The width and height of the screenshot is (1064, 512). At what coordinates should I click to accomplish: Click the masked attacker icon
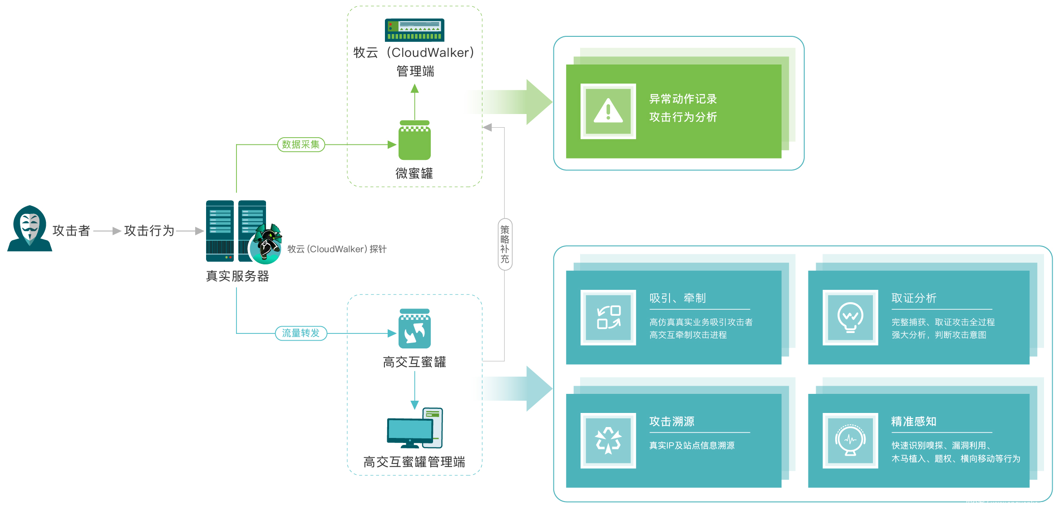pyautogui.click(x=30, y=229)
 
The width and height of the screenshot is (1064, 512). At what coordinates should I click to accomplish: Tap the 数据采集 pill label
pyautogui.click(x=301, y=144)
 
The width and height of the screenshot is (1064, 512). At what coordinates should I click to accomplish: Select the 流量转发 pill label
pyautogui.click(x=301, y=333)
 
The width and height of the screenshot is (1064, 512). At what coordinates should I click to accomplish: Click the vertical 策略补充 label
pyautogui.click(x=505, y=244)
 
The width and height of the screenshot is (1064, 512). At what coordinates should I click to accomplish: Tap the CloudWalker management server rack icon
pyautogui.click(x=414, y=30)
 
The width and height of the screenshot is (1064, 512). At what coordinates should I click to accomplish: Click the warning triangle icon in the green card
pyautogui.click(x=608, y=111)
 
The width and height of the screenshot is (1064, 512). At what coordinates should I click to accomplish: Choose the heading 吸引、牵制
pyautogui.click(x=677, y=298)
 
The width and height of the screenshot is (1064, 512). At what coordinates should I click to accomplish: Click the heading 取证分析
pyautogui.click(x=913, y=298)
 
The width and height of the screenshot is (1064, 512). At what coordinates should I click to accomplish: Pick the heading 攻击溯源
pyautogui.click(x=671, y=421)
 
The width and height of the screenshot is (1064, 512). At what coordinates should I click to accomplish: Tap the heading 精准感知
pyautogui.click(x=913, y=421)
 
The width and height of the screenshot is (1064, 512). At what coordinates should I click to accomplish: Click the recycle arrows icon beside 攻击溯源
pyautogui.click(x=608, y=440)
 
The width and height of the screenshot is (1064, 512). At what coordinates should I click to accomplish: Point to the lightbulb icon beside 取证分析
pyautogui.click(x=850, y=317)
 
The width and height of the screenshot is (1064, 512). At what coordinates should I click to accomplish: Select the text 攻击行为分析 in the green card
pyautogui.click(x=683, y=117)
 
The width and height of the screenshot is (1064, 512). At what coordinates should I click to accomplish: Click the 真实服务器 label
pyautogui.click(x=237, y=276)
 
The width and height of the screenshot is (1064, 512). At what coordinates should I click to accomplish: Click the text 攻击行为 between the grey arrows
pyautogui.click(x=149, y=231)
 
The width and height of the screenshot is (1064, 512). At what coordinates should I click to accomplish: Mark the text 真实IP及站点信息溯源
pyautogui.click(x=691, y=445)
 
